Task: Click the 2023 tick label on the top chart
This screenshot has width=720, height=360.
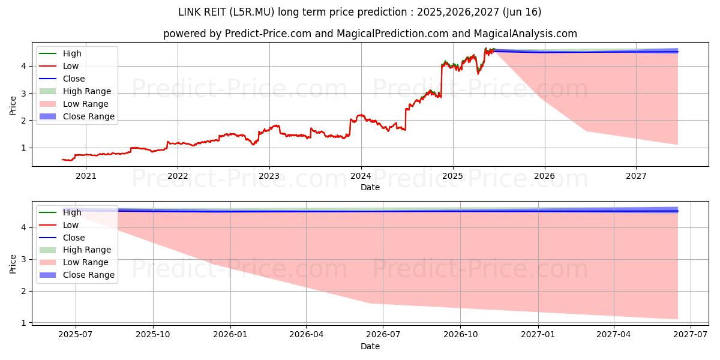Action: pos(269,176)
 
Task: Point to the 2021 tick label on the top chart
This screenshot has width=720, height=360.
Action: pos(86,176)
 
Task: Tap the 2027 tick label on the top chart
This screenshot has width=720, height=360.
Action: pos(636,176)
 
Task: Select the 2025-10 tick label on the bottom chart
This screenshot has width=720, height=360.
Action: pos(153,334)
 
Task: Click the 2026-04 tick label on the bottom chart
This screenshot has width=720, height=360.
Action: pos(307,334)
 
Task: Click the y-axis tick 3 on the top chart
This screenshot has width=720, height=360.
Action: pos(25,94)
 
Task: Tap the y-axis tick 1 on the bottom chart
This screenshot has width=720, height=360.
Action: pos(25,323)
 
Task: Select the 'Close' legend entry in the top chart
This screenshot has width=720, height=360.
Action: pos(74,79)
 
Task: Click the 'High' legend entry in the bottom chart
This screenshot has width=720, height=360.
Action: pos(72,212)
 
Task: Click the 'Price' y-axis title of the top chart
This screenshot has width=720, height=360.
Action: pos(13,106)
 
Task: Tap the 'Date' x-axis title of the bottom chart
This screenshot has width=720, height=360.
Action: pos(370,346)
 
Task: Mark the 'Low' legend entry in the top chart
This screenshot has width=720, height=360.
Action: pos(71,66)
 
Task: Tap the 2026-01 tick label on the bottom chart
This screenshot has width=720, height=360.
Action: pos(230,334)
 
